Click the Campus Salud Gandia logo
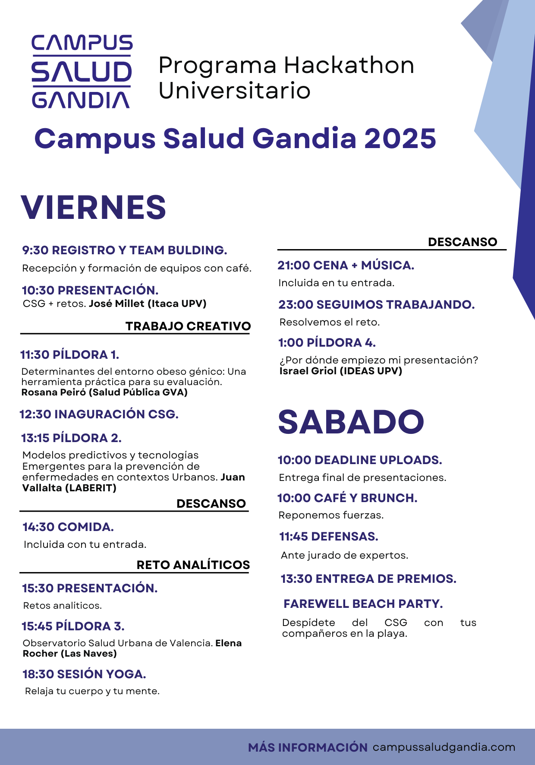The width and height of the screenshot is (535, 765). click(x=82, y=72)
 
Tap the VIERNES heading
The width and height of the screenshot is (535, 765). click(x=93, y=208)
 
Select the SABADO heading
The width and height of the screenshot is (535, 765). click(x=351, y=422)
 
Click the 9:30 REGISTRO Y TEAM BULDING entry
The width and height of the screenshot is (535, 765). click(x=124, y=250)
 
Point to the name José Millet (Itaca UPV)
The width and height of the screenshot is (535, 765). click(x=148, y=303)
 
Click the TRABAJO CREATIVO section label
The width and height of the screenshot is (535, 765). click(x=188, y=326)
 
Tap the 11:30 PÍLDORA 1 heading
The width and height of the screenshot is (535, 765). click(x=69, y=355)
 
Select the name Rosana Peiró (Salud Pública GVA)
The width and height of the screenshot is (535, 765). click(x=104, y=392)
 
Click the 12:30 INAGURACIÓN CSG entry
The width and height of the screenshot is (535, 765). click(x=99, y=414)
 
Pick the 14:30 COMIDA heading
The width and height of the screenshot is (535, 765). click(x=68, y=527)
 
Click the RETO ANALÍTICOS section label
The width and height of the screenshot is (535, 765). click(x=193, y=565)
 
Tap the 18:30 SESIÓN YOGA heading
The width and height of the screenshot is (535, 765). click(x=84, y=674)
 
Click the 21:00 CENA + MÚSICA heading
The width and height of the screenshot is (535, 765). click(x=346, y=266)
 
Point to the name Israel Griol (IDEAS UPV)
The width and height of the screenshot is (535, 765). click(x=341, y=371)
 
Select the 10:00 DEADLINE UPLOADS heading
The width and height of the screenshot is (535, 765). click(x=360, y=460)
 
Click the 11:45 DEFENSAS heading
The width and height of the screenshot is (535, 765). click(x=329, y=537)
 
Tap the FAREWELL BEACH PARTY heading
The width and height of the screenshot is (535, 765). click(x=363, y=604)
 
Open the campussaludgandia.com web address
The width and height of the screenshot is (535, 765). click(x=444, y=747)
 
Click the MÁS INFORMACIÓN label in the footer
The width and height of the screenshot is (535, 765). click(x=308, y=748)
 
